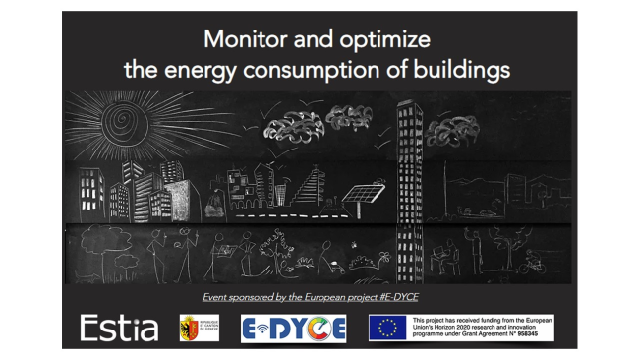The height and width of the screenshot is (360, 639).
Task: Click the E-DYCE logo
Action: click(293, 329)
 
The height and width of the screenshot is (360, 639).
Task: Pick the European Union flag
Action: click(386, 328)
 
